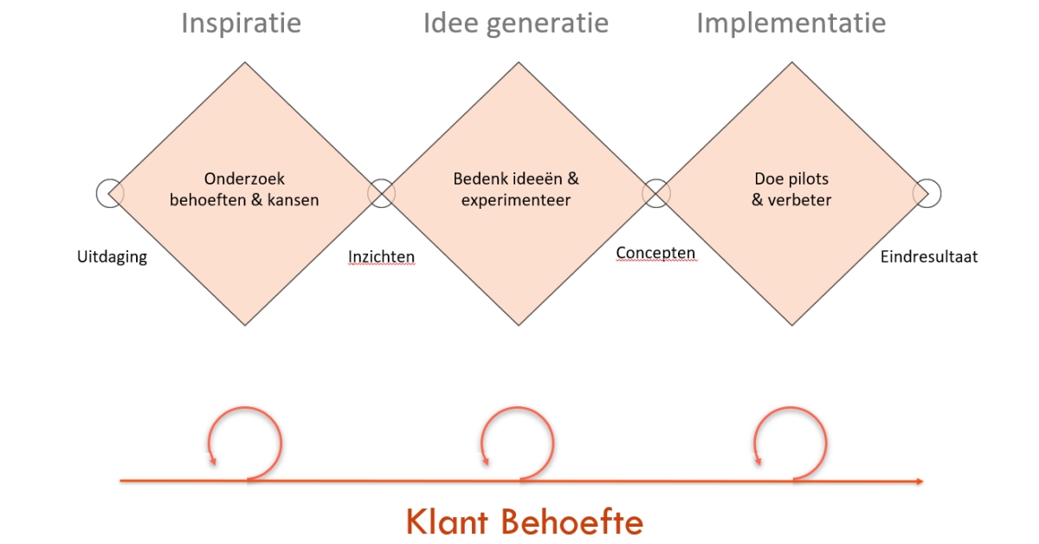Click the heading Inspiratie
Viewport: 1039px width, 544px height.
(241, 23)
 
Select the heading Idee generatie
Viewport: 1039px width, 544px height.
(515, 23)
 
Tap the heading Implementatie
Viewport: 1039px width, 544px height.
(791, 23)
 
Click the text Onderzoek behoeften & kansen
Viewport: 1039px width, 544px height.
(244, 190)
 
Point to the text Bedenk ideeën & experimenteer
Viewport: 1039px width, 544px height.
(516, 190)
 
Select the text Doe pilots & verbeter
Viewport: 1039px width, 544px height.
(791, 190)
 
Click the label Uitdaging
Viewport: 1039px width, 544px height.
(112, 257)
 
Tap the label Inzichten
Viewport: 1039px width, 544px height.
(381, 257)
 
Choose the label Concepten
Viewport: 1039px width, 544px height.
(655, 253)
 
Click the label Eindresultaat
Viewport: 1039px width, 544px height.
(929, 257)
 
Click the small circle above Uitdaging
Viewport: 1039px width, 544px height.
(109, 193)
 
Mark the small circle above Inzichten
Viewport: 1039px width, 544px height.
(381, 193)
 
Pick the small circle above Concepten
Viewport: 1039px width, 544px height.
(655, 193)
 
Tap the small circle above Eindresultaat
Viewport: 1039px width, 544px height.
(927, 193)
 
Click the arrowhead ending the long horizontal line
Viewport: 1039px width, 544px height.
(918, 481)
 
